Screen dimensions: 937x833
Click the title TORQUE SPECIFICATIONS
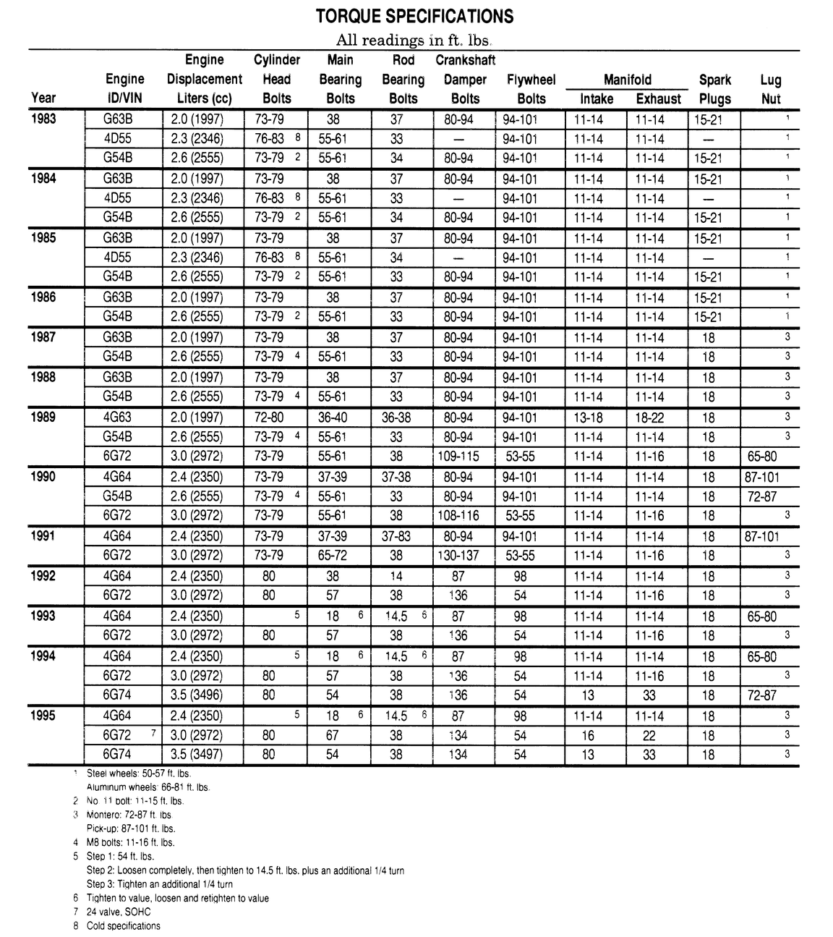pos(414,17)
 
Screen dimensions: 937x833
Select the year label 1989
pos(44,417)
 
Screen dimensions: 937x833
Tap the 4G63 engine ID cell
pos(118,417)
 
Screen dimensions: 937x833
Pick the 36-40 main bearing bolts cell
pos(333,417)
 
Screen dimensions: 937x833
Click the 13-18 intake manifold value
pos(593,417)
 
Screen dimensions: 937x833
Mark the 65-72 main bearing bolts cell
pos(333,556)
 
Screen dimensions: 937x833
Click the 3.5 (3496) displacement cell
pos(197,695)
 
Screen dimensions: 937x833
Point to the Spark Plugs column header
pos(714,89)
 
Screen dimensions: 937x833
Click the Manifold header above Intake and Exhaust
pos(627,80)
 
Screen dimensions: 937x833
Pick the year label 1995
pos(44,715)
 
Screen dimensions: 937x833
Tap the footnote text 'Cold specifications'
pos(124,925)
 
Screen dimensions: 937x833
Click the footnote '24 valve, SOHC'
pos(119,912)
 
